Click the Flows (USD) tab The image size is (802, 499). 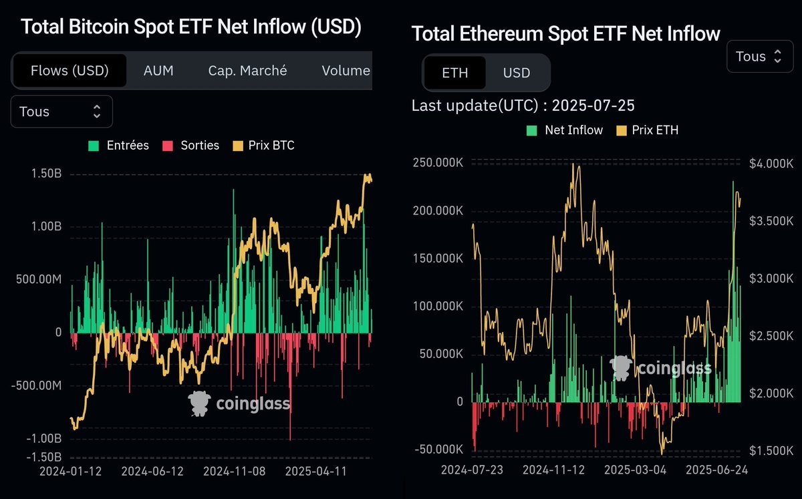coord(70,71)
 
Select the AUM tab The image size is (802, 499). coord(158,71)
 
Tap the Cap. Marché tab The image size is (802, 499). coord(247,71)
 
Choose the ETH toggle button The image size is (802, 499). coord(455,73)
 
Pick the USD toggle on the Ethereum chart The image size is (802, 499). coord(517,73)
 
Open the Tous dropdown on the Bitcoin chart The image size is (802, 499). coord(61,112)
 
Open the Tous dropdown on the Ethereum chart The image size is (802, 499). coord(759,57)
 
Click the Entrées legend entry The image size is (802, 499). coord(120,146)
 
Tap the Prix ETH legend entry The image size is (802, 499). coord(648,130)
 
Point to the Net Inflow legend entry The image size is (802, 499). coord(565,130)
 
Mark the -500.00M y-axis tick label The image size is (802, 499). coord(37,385)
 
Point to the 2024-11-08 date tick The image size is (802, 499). coord(235,471)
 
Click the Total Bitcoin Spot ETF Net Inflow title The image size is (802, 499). coord(191,27)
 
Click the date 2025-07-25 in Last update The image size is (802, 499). coord(593,106)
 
